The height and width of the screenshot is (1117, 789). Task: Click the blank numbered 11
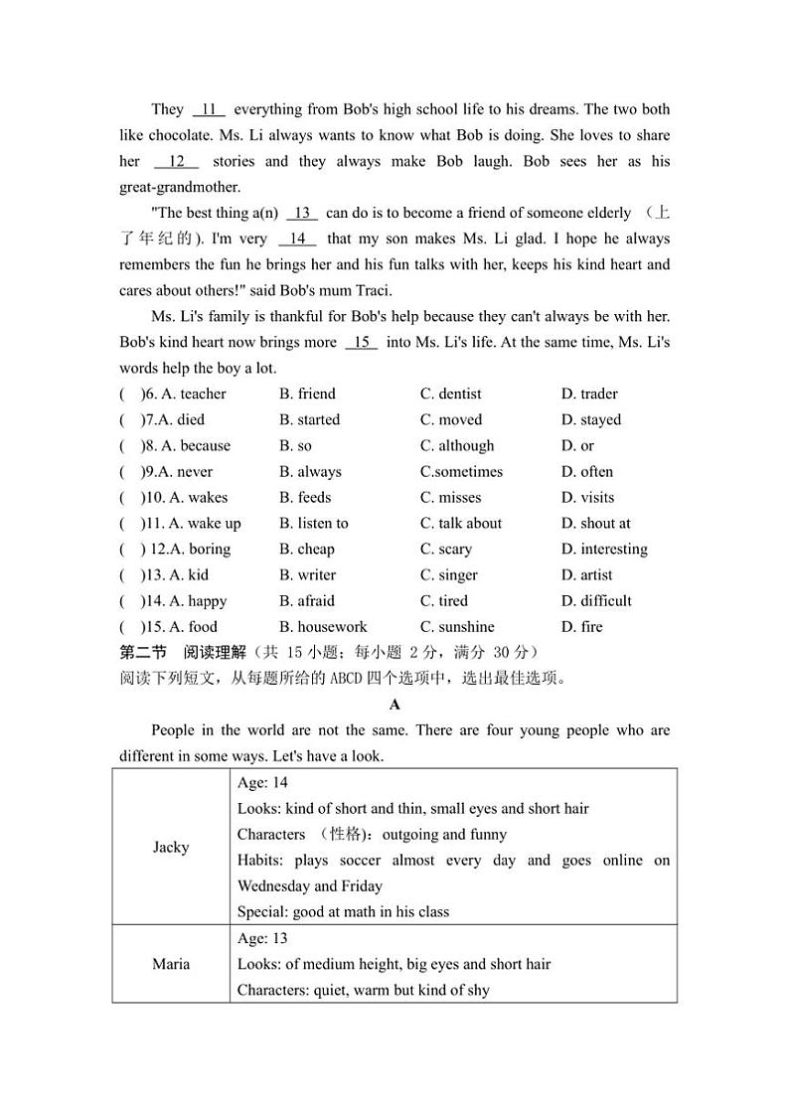tap(209, 109)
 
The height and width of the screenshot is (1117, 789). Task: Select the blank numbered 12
tap(177, 161)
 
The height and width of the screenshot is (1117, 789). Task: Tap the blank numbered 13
tap(302, 213)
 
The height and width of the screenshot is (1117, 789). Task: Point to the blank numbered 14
tap(297, 239)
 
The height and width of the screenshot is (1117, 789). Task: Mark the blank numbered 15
tap(362, 342)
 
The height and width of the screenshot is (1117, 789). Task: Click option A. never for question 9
tap(184, 471)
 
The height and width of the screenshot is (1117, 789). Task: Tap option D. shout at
tap(595, 523)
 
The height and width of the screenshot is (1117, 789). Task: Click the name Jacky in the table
tap(171, 848)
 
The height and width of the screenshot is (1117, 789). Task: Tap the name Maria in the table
tap(171, 964)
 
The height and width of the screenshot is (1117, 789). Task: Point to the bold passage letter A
tap(394, 705)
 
